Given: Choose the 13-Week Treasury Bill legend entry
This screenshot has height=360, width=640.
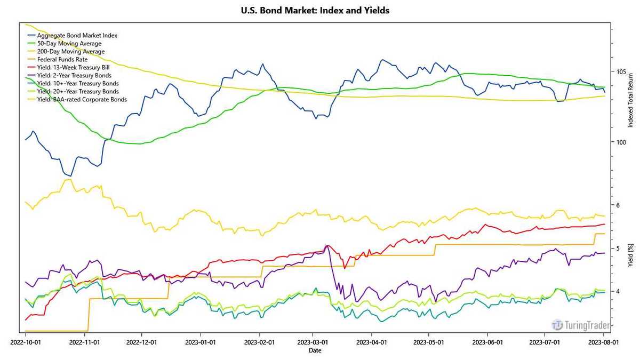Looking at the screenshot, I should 78,68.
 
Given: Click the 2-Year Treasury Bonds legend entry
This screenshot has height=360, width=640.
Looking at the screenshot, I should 78,76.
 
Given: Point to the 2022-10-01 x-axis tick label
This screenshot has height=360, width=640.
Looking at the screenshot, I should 26,341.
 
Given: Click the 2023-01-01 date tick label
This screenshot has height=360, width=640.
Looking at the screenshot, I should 201,341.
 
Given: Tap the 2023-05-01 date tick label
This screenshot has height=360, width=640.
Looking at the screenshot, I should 429,341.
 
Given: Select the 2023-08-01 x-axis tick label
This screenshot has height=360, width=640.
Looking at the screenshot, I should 603,341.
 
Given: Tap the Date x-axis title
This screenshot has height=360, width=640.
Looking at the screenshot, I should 315,350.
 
